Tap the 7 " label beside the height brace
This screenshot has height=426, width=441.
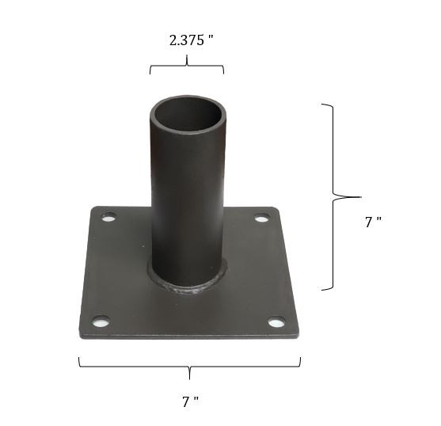click(x=373, y=223)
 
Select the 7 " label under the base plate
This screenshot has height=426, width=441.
click(x=189, y=401)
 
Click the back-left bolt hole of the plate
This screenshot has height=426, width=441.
click(x=108, y=216)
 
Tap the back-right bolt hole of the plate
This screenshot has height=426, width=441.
click(x=261, y=218)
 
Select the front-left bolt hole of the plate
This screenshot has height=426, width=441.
click(x=101, y=321)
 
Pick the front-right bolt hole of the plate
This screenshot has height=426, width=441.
click(x=276, y=321)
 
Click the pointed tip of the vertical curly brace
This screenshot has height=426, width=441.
click(x=359, y=196)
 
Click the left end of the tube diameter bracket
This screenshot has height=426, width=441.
click(x=150, y=74)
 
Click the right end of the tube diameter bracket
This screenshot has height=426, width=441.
click(x=223, y=74)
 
